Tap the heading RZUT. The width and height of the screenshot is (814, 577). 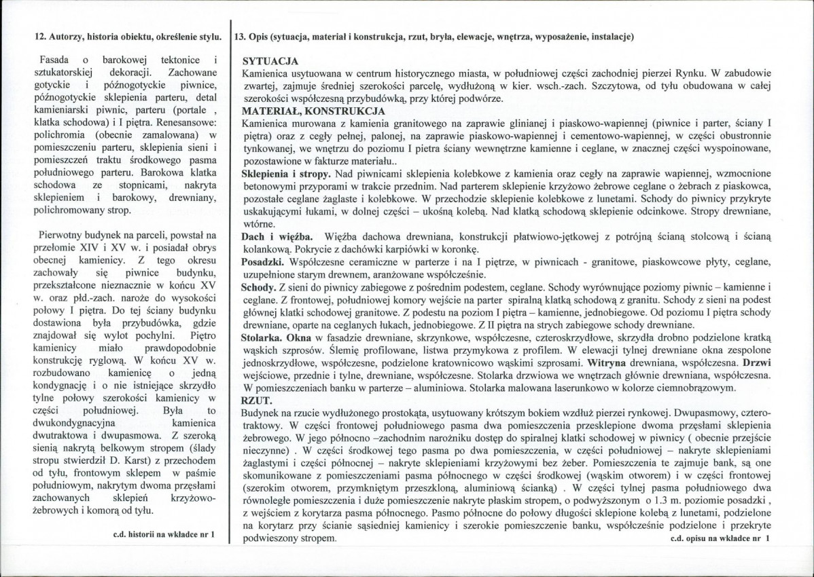pos(254,401)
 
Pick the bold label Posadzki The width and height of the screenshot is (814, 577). pos(264,261)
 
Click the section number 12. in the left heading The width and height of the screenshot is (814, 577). pos(39,37)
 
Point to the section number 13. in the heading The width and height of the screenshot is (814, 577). pos(240,37)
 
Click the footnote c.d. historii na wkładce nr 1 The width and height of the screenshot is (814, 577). pos(164,534)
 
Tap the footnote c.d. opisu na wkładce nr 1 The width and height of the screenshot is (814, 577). pos(719,538)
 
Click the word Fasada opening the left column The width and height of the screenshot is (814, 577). pos(54,61)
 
